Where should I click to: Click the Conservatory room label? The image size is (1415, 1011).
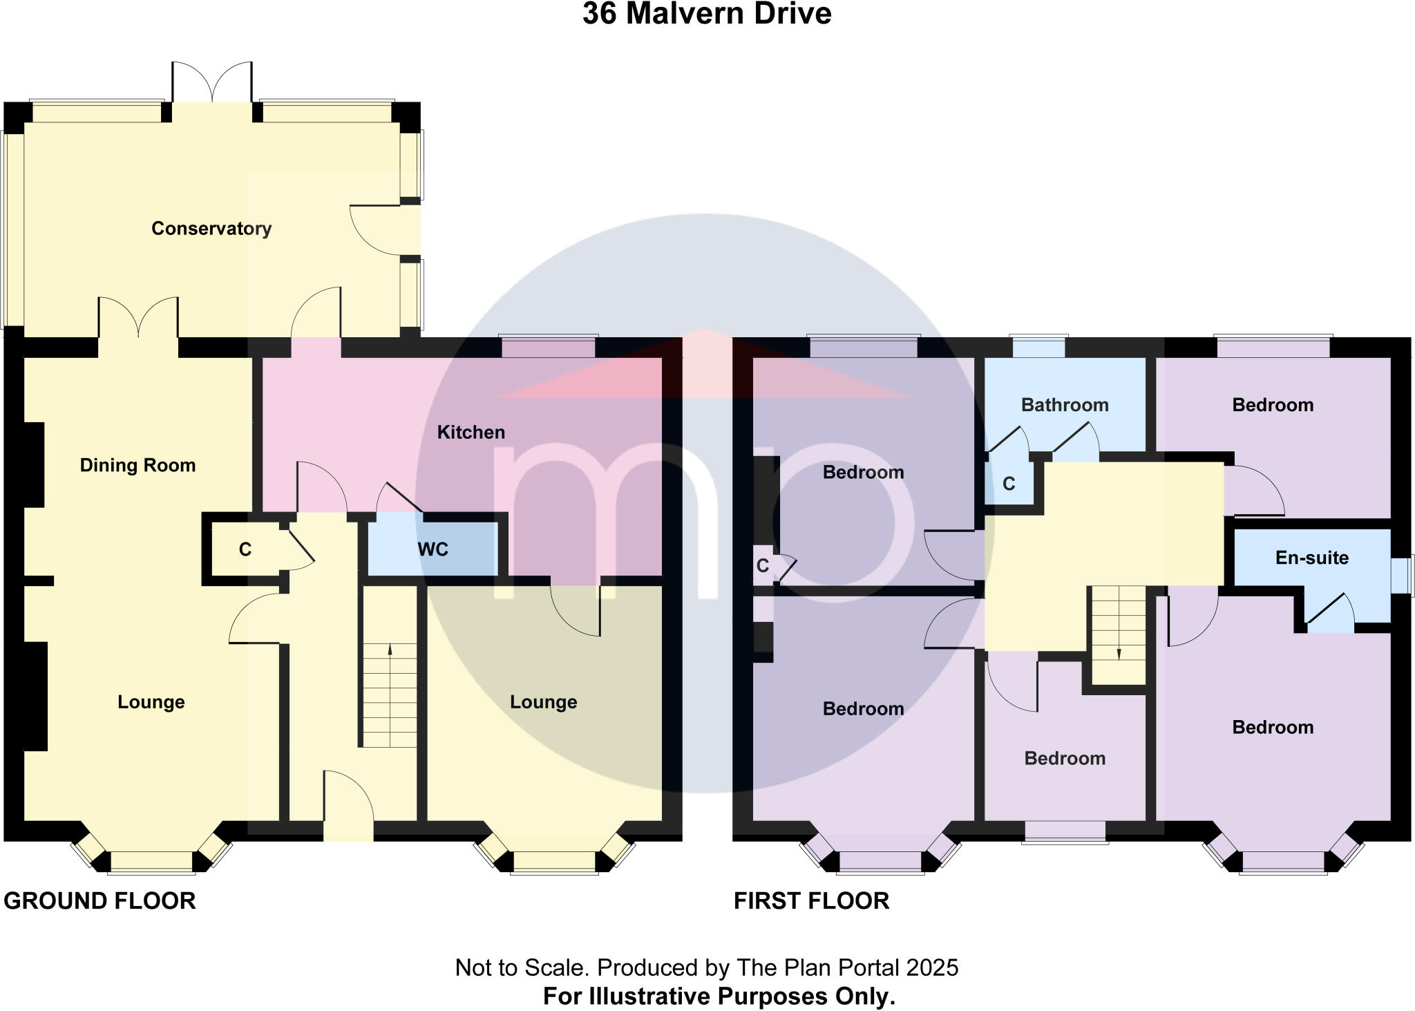click(x=211, y=229)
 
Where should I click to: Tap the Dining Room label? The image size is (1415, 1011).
click(x=137, y=465)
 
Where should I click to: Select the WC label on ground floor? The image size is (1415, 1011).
click(x=433, y=549)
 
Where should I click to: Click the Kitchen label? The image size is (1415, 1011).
click(x=471, y=433)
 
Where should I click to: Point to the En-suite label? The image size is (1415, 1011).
click(x=1311, y=558)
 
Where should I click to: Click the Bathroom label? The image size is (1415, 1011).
click(x=1064, y=405)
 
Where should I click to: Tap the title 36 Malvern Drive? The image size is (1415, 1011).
click(x=706, y=14)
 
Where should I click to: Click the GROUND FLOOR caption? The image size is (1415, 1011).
click(x=99, y=901)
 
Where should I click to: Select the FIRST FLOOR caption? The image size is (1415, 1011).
click(x=811, y=901)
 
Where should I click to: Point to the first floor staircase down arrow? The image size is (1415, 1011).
click(x=1119, y=653)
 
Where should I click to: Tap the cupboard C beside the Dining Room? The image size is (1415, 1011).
click(x=245, y=549)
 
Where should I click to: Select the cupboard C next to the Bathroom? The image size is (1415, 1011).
click(x=1008, y=484)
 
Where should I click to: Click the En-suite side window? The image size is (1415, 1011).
click(x=1402, y=575)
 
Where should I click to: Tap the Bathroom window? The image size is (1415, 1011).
click(x=1039, y=346)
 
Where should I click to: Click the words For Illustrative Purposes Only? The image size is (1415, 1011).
click(x=719, y=996)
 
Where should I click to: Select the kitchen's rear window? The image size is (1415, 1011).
click(x=548, y=346)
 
